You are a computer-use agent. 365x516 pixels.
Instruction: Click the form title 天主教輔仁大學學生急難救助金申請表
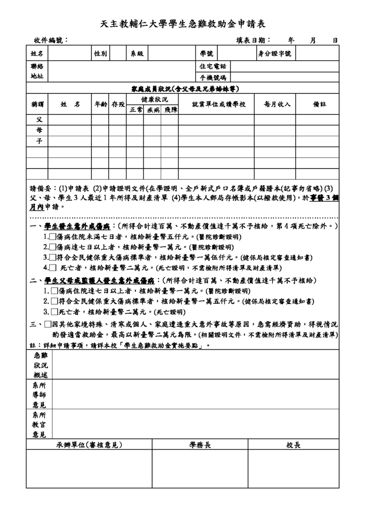[182, 24]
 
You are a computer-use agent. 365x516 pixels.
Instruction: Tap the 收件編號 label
[51, 41]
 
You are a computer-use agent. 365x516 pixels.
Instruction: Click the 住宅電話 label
[213, 66]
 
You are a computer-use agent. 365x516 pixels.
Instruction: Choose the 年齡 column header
[101, 104]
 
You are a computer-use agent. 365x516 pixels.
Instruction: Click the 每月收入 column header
[274, 104]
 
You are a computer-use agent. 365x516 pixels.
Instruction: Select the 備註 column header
[319, 104]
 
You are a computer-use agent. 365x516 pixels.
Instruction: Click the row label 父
[38, 120]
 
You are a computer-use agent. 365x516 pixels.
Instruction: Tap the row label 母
[38, 131]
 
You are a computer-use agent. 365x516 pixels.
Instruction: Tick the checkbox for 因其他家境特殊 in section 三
[48, 324]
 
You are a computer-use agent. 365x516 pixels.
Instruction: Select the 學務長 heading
[200, 444]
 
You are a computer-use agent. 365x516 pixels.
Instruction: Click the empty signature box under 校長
[293, 468]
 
